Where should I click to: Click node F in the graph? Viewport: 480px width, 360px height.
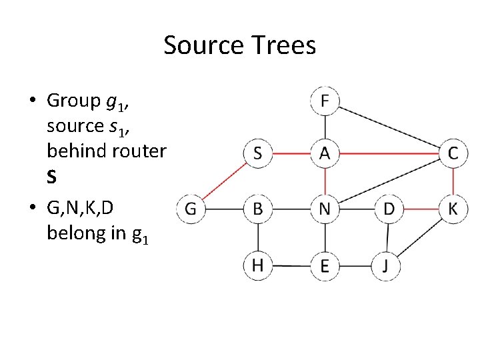(x=325, y=101)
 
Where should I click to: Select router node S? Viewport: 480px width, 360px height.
(x=257, y=153)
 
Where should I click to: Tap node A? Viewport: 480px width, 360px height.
(x=325, y=153)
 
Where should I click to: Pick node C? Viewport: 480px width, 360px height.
(x=453, y=153)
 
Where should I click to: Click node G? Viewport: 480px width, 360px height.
(x=190, y=209)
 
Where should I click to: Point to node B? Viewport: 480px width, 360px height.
(x=257, y=209)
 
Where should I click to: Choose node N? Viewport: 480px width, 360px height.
(x=325, y=209)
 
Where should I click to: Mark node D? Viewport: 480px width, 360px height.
(x=389, y=209)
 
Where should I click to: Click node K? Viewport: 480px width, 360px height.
(x=453, y=209)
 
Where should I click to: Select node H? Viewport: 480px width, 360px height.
(x=257, y=265)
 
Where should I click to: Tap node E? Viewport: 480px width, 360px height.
(x=325, y=266)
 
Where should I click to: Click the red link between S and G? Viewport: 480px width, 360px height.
(x=224, y=181)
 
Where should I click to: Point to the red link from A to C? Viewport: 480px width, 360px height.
(x=389, y=153)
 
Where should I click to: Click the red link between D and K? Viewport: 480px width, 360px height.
(x=421, y=209)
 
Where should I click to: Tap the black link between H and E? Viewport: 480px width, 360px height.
(x=291, y=266)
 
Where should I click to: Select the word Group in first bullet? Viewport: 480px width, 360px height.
(x=73, y=101)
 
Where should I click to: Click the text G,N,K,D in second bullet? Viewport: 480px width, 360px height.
(x=81, y=209)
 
